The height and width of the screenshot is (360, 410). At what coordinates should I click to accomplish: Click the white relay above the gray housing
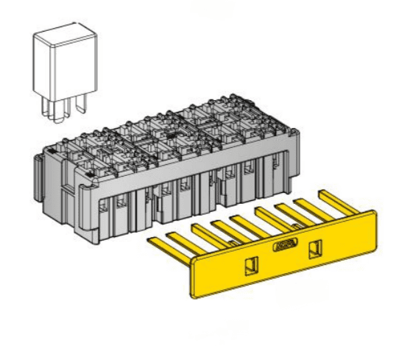click(x=64, y=66)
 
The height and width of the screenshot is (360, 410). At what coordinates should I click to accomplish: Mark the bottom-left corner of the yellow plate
click(x=194, y=297)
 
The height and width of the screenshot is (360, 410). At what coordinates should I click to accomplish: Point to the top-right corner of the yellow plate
click(x=374, y=212)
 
